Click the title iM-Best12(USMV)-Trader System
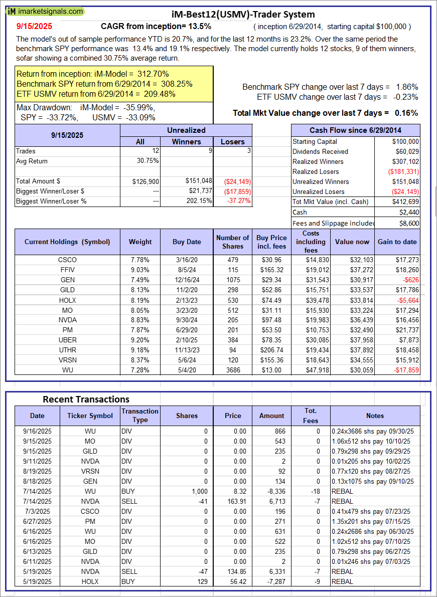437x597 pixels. (x=236, y=14)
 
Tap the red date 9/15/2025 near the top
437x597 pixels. (x=34, y=26)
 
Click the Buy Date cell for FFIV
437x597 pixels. (x=187, y=270)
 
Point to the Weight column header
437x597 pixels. (x=140, y=242)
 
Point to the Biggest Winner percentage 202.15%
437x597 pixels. (x=198, y=201)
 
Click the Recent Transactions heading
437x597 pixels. (x=86, y=399)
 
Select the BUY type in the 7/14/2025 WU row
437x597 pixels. (x=128, y=491)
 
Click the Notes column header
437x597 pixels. (x=375, y=416)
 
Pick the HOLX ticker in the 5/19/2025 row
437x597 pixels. (x=90, y=581)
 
